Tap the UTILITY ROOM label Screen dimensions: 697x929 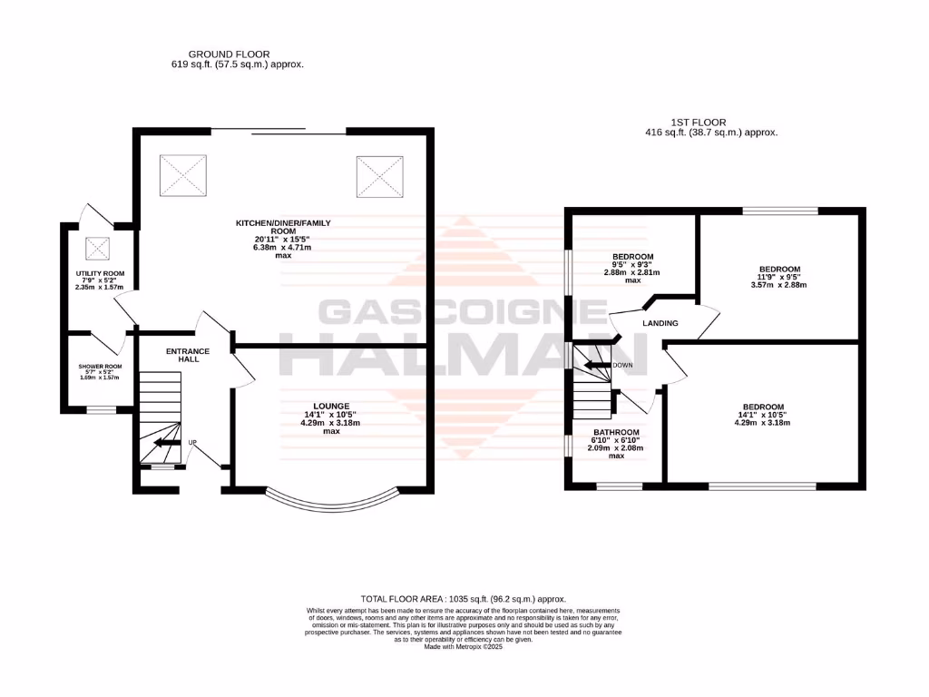click(x=100, y=273)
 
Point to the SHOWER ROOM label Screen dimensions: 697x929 click(x=100, y=367)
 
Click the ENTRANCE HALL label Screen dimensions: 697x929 click(x=188, y=355)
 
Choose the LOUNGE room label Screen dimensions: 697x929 click(x=331, y=406)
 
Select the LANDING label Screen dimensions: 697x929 click(x=660, y=323)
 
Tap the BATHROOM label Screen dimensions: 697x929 click(x=616, y=432)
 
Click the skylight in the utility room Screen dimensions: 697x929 click(x=97, y=248)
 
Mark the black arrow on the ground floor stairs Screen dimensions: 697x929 click(x=167, y=443)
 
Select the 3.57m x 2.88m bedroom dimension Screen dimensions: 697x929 click(x=779, y=285)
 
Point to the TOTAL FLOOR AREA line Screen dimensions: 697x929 click(x=464, y=599)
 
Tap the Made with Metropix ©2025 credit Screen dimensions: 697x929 click(x=464, y=646)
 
